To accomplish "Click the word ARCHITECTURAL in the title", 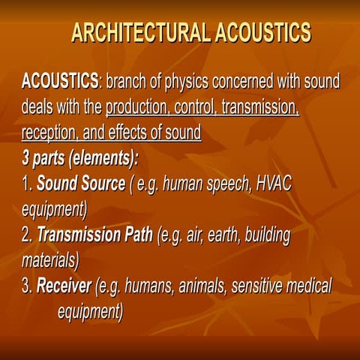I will (140, 33).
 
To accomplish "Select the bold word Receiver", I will (64, 286).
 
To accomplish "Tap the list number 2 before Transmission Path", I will (27, 236).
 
